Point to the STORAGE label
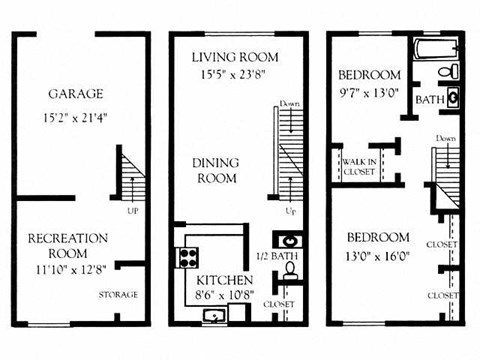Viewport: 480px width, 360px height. point(118,294)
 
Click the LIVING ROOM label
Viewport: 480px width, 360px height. point(235,56)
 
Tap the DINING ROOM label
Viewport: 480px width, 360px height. point(215,171)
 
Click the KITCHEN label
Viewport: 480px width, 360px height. point(224,279)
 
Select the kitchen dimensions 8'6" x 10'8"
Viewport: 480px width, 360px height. point(224,296)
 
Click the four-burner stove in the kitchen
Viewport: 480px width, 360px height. point(188,257)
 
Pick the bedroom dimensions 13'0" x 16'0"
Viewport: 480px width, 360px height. point(379,255)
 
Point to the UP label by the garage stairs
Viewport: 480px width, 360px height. point(133,211)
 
